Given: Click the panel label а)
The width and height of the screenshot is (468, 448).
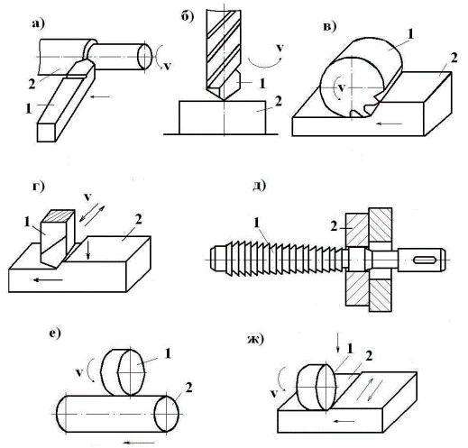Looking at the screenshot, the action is click(x=38, y=23).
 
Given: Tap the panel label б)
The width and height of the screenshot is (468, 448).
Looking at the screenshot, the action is click(x=188, y=16).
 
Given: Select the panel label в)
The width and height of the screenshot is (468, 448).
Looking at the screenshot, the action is click(x=329, y=27).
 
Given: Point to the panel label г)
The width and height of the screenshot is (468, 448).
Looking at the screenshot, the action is click(x=38, y=187).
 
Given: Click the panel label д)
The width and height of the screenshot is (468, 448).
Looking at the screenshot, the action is click(x=259, y=186).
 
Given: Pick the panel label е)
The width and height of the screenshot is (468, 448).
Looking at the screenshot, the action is click(x=55, y=334).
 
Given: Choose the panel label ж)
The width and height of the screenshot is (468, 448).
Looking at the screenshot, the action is click(x=255, y=340).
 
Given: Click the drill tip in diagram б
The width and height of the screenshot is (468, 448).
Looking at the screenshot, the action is click(x=224, y=100).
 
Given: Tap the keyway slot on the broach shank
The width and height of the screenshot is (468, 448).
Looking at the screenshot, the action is click(x=425, y=260).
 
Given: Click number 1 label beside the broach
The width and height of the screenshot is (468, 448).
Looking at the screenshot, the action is click(x=256, y=223).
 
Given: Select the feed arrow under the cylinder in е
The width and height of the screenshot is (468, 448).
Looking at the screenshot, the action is click(x=140, y=443).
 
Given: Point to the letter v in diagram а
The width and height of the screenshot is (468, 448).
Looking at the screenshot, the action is click(x=167, y=66).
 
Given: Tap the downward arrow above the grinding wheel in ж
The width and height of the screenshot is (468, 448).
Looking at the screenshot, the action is click(x=338, y=343).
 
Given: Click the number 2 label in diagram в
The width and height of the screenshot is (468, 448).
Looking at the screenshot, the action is click(x=454, y=58).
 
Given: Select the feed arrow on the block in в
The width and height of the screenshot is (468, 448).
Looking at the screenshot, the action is click(x=390, y=123).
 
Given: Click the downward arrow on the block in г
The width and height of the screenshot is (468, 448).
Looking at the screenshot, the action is click(x=87, y=249).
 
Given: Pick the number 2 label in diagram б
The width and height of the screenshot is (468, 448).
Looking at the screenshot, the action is click(x=279, y=101).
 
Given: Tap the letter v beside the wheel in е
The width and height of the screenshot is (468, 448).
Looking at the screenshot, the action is click(x=79, y=373).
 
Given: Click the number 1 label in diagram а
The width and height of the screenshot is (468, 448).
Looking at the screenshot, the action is click(x=29, y=108).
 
